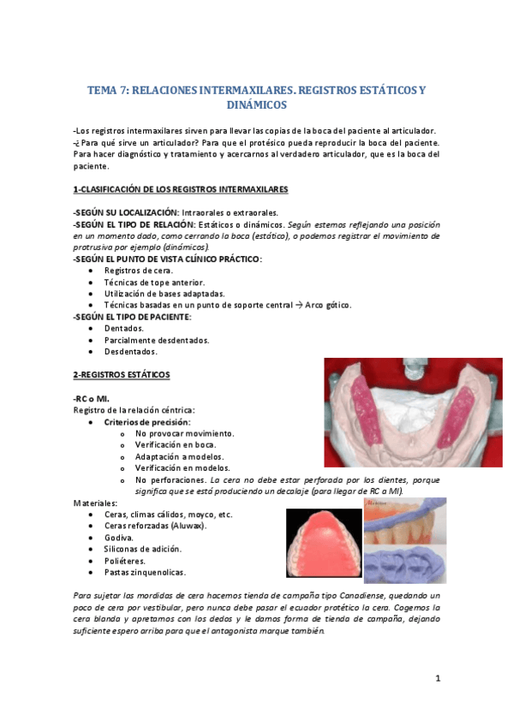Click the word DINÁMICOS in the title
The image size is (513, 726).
[x=256, y=104]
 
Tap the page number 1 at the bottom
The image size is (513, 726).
[x=437, y=678]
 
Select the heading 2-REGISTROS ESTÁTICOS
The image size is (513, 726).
[x=122, y=375]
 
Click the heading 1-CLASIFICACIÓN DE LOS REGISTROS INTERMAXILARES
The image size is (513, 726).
[x=181, y=188]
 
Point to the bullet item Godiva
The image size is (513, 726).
[x=119, y=537]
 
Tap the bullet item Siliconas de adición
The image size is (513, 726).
[x=142, y=549]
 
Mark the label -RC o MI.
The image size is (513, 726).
[x=90, y=398]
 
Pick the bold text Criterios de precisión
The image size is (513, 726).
[x=147, y=422]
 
